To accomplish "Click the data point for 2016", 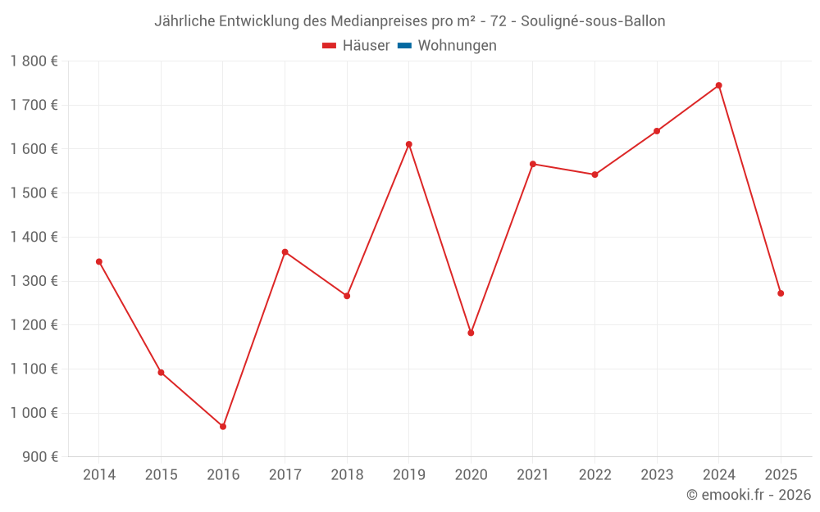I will click(223, 427).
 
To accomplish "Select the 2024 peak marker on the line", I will click(719, 85).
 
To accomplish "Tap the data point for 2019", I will click(409, 144).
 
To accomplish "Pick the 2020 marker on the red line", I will click(471, 333).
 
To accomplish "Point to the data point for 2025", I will click(781, 293).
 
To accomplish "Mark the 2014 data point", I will click(99, 262).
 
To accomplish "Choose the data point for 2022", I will click(594, 174).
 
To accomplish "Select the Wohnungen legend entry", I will click(457, 46).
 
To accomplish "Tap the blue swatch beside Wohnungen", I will click(404, 46).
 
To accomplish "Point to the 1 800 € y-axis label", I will click(34, 61).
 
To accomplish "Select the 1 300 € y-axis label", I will click(34, 281).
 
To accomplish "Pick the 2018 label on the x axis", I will click(347, 475).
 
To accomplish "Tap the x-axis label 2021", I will click(533, 475).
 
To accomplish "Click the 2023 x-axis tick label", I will click(657, 475).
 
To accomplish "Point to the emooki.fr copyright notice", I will click(749, 495).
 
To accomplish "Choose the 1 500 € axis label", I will click(34, 193).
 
